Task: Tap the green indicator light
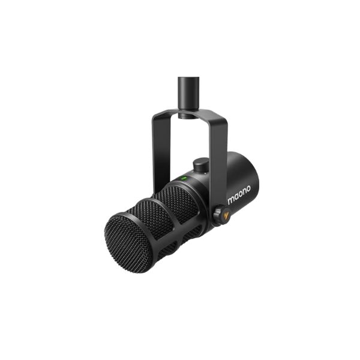coord(185,178)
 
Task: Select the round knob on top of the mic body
coord(200,164)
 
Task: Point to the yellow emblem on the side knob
coord(221,214)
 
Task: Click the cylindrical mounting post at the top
coord(190,93)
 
